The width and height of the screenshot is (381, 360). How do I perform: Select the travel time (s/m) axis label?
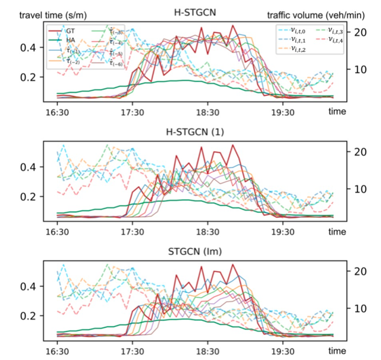[40, 13]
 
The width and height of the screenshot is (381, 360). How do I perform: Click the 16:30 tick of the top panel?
[58, 112]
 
